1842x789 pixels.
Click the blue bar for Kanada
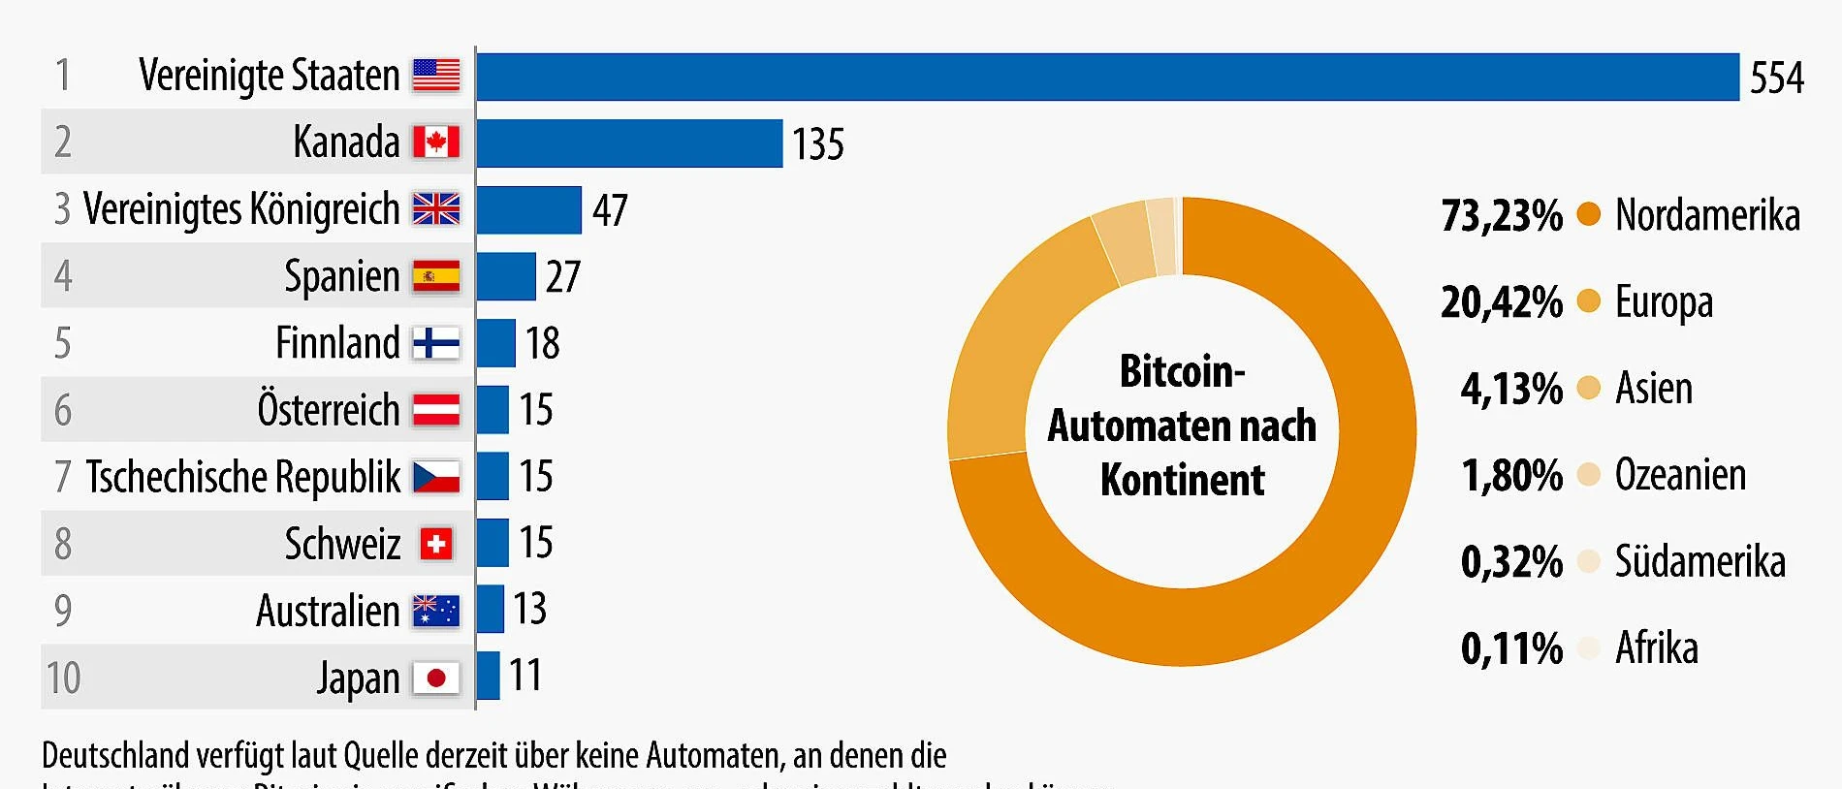[x=628, y=143]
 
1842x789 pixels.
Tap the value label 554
[x=1776, y=78]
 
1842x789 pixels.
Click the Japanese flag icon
[x=436, y=678]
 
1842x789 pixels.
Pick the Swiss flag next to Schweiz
[x=436, y=544]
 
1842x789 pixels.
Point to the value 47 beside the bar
[x=610, y=210]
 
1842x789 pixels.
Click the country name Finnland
[x=337, y=343]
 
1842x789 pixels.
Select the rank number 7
[x=63, y=477]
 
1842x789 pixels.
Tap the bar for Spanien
[x=505, y=277]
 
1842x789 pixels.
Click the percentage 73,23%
[x=1501, y=215]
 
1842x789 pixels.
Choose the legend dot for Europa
[x=1588, y=300]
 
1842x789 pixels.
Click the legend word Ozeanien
[x=1680, y=475]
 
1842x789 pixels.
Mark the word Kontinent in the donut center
[x=1182, y=481]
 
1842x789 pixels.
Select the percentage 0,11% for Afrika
[x=1511, y=648]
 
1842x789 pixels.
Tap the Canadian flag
[x=436, y=142]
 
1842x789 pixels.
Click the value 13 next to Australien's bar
[x=529, y=610]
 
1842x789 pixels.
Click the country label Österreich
[x=328, y=410]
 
